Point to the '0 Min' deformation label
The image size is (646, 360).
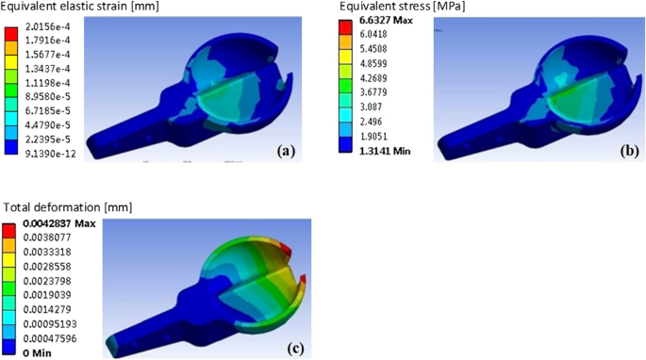tap(37, 352)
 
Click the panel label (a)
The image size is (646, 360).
tap(290, 151)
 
